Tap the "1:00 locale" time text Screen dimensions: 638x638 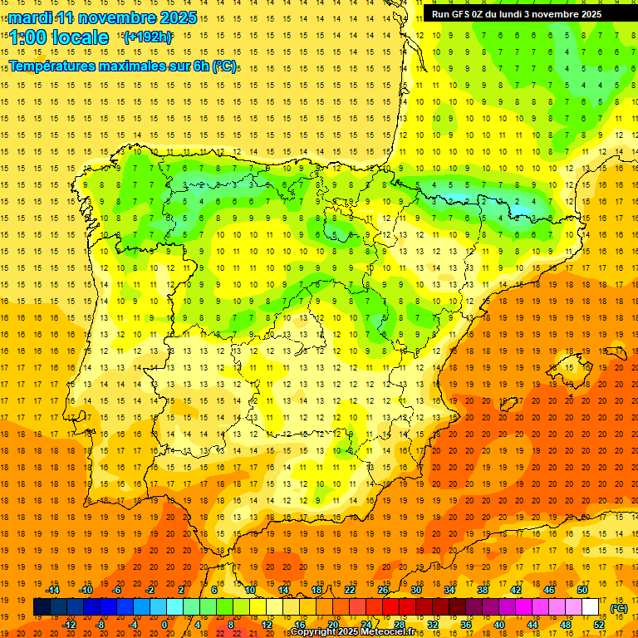59,37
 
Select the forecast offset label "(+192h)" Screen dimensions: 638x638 147,37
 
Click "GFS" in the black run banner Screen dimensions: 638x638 468,14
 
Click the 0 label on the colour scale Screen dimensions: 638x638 164,625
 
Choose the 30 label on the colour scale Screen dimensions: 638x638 415,590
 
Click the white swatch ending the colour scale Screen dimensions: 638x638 591,607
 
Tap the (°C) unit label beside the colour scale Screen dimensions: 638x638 618,608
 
